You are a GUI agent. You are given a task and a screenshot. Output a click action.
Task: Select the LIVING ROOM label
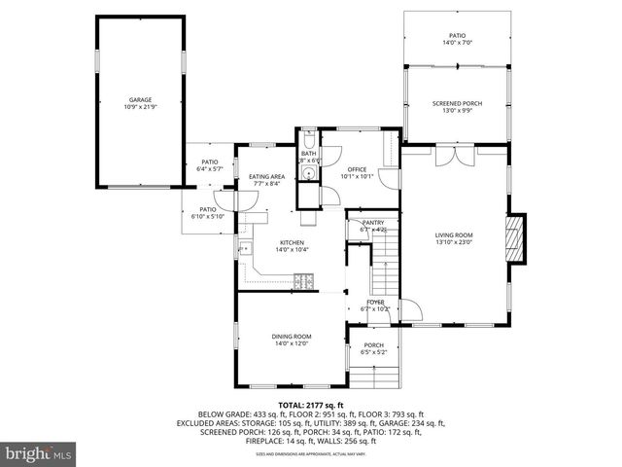click(x=453, y=235)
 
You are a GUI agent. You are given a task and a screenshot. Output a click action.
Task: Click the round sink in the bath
click(x=308, y=173)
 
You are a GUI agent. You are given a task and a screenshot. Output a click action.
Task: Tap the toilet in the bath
click(x=307, y=137)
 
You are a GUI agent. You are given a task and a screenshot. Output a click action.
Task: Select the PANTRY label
click(x=373, y=223)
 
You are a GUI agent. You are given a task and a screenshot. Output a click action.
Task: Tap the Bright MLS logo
click(x=38, y=454)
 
